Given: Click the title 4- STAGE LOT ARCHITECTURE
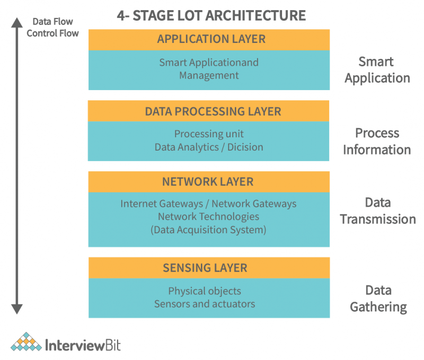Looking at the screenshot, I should (x=211, y=15).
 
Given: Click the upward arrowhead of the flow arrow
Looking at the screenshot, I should (x=17, y=22).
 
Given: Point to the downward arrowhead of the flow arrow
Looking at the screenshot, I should (x=17, y=309).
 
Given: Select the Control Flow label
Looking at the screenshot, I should (x=52, y=33).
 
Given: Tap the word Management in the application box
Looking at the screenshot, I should (x=209, y=75).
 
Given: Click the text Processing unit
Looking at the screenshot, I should (x=209, y=134).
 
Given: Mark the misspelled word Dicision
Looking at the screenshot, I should (x=245, y=147).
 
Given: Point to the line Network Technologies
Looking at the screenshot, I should (x=208, y=216).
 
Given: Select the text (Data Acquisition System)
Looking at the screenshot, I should (x=208, y=230).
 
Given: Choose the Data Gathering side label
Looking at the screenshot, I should (x=378, y=298).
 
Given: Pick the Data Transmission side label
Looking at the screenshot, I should (x=378, y=210).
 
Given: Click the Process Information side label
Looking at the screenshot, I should (x=377, y=141).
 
